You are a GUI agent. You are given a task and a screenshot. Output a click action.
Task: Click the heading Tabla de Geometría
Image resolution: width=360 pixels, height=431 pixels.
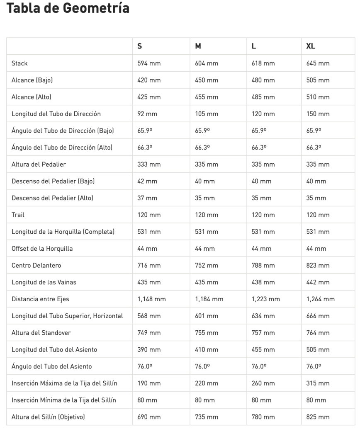pyautogui.click(x=68, y=8)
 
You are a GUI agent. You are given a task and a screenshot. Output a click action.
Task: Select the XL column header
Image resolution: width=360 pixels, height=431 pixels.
pyautogui.click(x=311, y=46)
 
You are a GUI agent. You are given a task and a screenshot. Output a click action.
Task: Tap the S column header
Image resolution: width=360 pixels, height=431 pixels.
pyautogui.click(x=140, y=46)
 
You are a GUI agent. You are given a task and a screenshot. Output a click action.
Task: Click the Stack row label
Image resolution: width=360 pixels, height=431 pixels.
pyautogui.click(x=19, y=63)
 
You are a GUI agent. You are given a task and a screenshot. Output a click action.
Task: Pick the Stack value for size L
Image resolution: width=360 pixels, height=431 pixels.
pyautogui.click(x=263, y=63)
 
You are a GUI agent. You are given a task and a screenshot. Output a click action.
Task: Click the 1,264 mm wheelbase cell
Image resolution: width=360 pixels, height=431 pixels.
pyautogui.click(x=321, y=299)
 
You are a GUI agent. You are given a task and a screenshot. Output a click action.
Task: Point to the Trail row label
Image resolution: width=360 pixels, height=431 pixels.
pyautogui.click(x=18, y=215)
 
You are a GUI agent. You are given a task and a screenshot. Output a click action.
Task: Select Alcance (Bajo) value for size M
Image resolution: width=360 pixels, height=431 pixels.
pyautogui.click(x=207, y=80)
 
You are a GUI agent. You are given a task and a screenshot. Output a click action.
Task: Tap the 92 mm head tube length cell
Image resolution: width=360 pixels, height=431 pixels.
pyautogui.click(x=147, y=114)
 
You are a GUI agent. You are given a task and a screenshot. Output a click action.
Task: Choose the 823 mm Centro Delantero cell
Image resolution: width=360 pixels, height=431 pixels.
pyautogui.click(x=318, y=266)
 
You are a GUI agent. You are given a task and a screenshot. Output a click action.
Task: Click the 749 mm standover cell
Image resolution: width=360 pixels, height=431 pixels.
pyautogui.click(x=149, y=333)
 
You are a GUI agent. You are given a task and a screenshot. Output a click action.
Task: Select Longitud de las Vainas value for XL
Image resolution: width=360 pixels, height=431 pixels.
pyautogui.click(x=318, y=283)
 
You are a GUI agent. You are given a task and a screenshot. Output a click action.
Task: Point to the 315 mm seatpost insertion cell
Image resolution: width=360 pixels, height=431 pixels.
pyautogui.click(x=318, y=383)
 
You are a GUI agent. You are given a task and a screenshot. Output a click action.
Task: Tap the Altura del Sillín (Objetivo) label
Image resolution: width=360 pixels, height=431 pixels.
pyautogui.click(x=49, y=417)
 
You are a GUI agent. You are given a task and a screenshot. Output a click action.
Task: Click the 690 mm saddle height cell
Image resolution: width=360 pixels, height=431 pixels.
pyautogui.click(x=149, y=417)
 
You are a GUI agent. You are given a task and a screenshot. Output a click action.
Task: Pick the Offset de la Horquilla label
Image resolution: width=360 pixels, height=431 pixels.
pyautogui.click(x=42, y=249)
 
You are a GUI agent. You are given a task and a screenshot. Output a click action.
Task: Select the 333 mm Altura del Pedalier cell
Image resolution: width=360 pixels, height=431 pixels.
pyautogui.click(x=149, y=165)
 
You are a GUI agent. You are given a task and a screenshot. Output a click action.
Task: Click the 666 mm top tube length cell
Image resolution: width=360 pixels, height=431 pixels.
pyautogui.click(x=318, y=316)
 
